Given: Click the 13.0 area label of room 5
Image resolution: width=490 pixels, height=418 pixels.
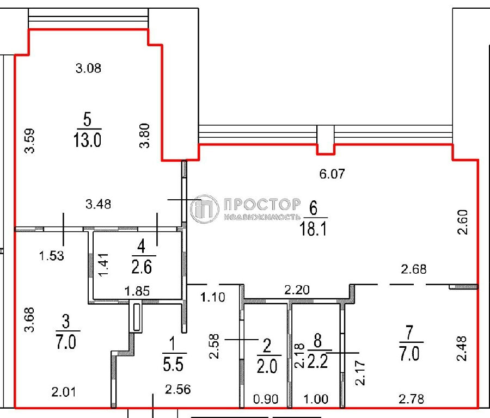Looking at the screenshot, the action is [87, 140].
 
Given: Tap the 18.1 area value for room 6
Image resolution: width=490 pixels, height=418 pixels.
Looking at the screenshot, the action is [313, 229].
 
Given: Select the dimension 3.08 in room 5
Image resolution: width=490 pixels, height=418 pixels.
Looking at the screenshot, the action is [88, 68].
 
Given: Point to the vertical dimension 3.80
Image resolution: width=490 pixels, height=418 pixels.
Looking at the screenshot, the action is [144, 136].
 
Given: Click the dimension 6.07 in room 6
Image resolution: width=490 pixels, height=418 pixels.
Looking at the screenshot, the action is [332, 174].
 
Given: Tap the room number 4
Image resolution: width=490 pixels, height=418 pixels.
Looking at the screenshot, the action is [141, 246].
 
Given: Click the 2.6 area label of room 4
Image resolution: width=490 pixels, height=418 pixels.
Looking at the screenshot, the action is [142, 267].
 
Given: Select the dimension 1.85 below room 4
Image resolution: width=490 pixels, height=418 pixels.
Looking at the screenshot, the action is [137, 291].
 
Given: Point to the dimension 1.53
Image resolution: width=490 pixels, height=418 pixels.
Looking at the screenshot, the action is [52, 256].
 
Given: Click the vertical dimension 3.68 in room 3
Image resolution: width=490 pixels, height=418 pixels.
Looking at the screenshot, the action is [29, 319].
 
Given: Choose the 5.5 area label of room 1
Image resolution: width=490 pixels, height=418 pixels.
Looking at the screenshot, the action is [173, 364].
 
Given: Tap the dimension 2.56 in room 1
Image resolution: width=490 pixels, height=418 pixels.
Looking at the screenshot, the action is [178, 389].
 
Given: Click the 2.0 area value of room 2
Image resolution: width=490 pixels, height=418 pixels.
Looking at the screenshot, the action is [267, 366].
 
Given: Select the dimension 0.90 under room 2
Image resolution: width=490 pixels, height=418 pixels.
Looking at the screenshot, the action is [266, 399].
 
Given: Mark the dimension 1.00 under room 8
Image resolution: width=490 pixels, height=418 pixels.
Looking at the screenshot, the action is [316, 399].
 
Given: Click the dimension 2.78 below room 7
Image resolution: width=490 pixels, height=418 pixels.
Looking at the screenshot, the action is [411, 399].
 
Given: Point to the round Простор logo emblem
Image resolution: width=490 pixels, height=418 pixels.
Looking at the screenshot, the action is [204, 208].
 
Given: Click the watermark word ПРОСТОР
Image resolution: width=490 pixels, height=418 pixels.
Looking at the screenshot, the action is [262, 204].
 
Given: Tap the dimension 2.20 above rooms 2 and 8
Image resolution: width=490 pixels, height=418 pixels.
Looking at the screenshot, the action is [297, 290].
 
